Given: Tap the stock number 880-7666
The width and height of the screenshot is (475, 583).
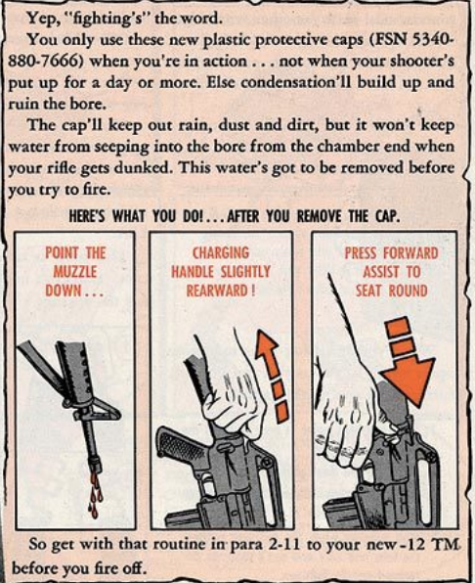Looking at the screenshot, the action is coord(45,61).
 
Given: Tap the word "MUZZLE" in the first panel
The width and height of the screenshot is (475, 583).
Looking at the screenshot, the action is coord(75,271).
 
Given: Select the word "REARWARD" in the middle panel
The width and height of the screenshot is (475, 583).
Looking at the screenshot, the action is coord(217,291).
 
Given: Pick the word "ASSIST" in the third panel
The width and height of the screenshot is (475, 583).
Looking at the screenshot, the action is coord(381,272).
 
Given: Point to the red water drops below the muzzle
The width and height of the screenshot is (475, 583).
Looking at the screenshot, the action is coord(96,494).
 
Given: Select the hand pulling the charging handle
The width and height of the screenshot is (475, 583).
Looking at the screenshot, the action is coord(234,390).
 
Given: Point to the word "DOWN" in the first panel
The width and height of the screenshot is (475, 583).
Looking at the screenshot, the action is coord(64,291).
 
